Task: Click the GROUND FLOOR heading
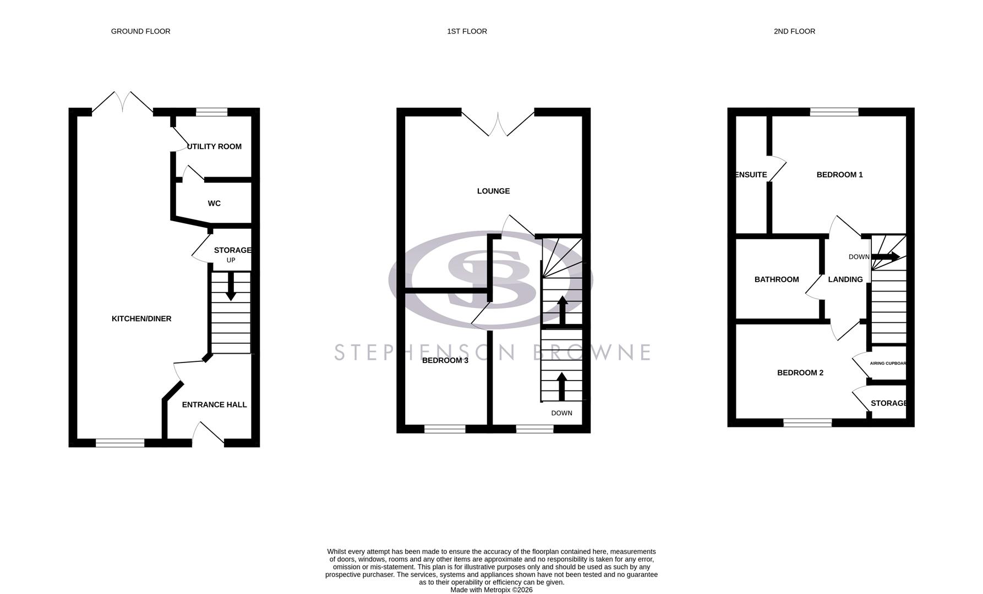[x=140, y=31]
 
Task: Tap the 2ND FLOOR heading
[x=794, y=31]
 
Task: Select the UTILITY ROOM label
[x=214, y=146]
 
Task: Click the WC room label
[x=214, y=204]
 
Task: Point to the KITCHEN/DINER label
[x=141, y=318]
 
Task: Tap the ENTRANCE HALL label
[x=214, y=405]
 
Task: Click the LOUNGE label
[x=493, y=191]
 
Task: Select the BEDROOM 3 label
[x=445, y=361]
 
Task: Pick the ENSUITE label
[x=751, y=175]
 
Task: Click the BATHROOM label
[x=776, y=279]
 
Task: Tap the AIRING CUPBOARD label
[x=887, y=364]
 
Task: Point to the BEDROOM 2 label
[x=800, y=373]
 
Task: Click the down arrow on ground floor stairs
[x=231, y=287]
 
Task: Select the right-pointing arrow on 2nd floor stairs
[x=886, y=256]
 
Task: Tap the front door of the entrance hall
[x=208, y=433]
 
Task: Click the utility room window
[x=212, y=112]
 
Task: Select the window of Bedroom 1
[x=834, y=112]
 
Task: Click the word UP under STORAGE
[x=231, y=260]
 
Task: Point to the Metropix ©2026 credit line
[x=491, y=590]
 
